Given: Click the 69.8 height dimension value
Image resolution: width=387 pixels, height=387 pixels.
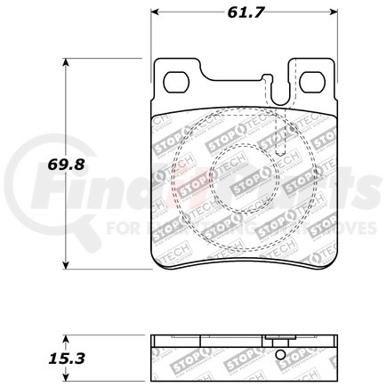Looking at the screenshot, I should pos(44,165).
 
